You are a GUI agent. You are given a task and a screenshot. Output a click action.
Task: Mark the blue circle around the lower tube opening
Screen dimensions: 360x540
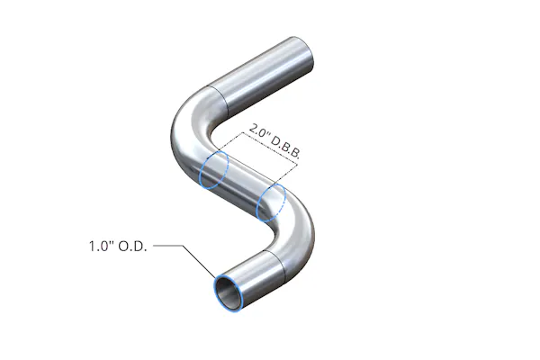[227, 291]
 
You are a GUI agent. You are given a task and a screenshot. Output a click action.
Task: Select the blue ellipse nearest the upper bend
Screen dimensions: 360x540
[214, 170]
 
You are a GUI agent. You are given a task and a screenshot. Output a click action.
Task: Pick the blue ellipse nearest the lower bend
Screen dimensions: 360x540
[271, 203]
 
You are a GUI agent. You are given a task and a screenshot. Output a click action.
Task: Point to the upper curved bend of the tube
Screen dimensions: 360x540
[186, 130]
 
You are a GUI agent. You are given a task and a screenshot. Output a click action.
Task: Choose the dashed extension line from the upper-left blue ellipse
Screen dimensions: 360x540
[225, 148]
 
